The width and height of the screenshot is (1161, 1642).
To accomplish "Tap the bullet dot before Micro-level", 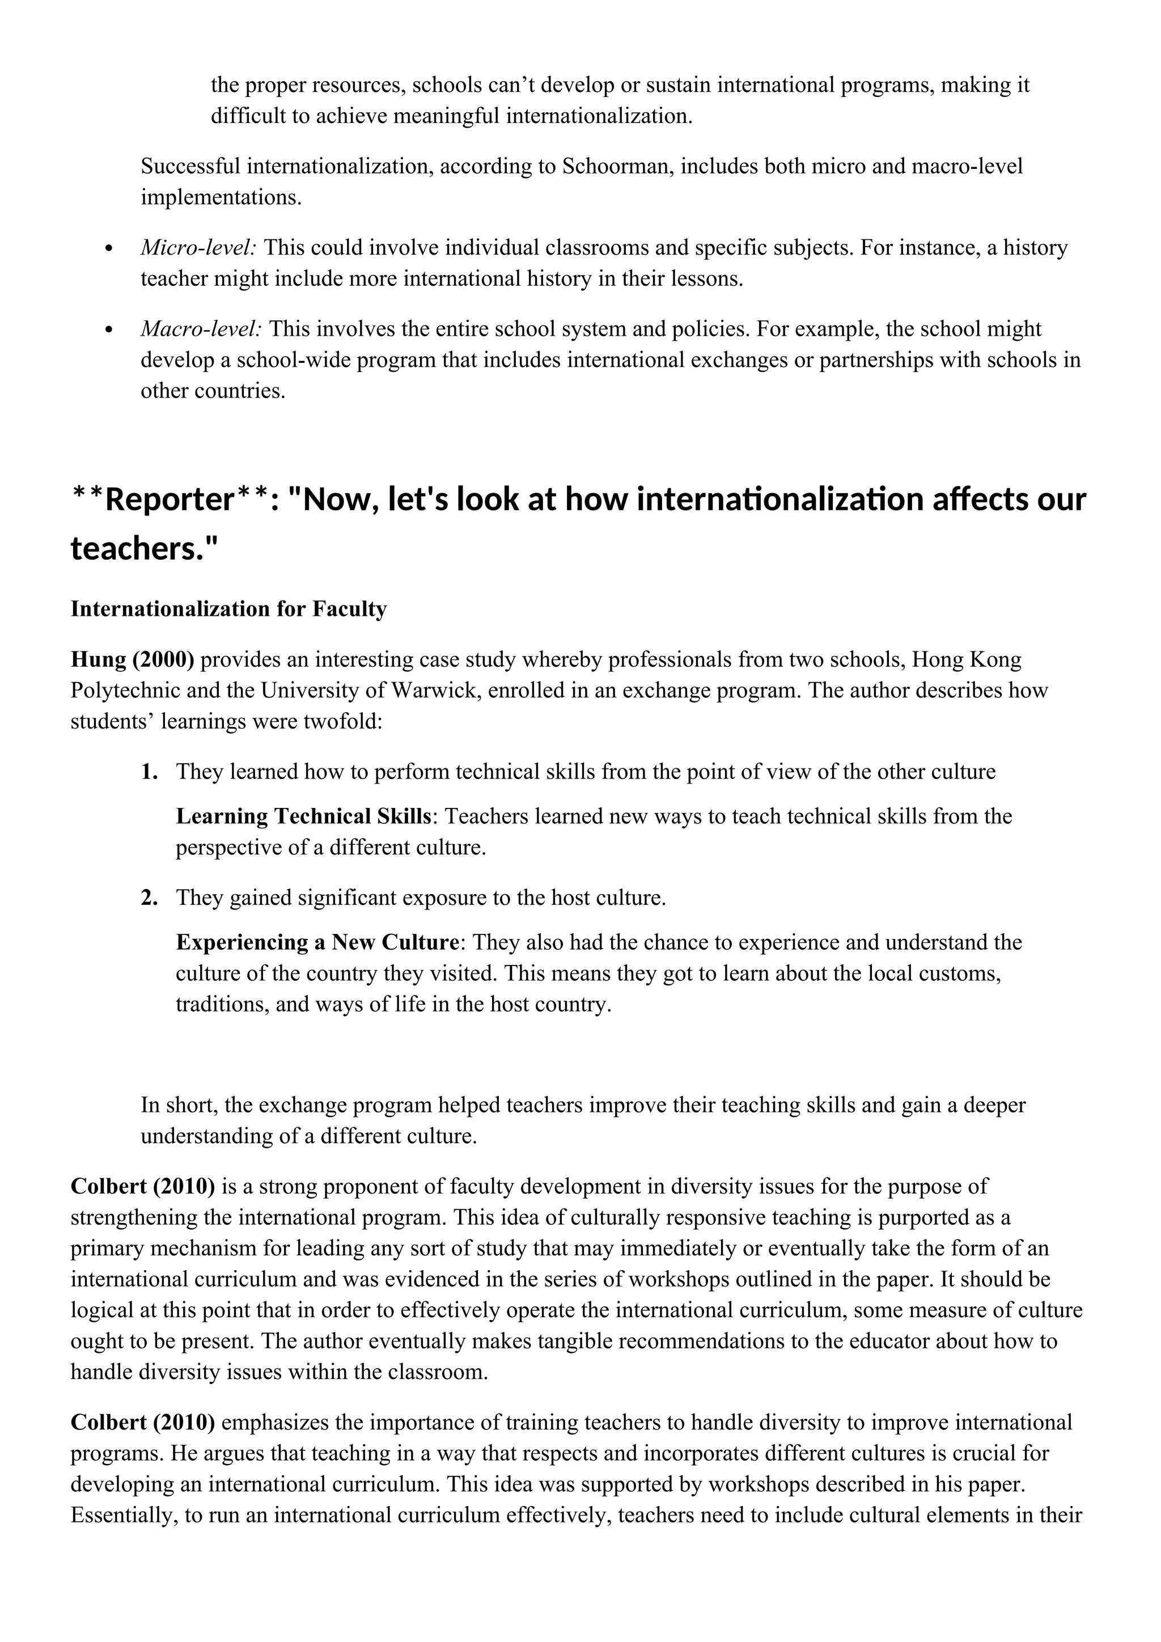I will pyautogui.click(x=109, y=249).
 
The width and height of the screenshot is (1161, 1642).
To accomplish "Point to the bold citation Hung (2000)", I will pyautogui.click(x=132, y=659).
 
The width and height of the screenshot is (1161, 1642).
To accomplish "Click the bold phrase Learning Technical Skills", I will pyautogui.click(x=304, y=816).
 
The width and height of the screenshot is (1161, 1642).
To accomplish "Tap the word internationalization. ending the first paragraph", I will pyautogui.click(x=599, y=116).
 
